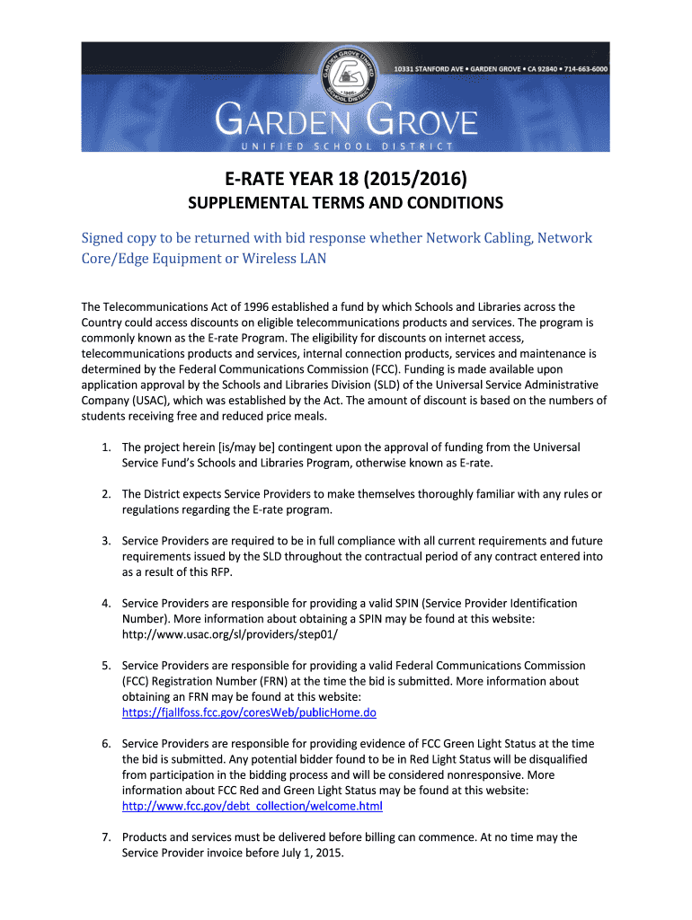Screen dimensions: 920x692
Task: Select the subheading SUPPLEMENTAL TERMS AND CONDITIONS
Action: (x=346, y=203)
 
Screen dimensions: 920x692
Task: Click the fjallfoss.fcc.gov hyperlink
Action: (x=249, y=712)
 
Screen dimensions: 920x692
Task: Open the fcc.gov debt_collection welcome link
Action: (x=253, y=806)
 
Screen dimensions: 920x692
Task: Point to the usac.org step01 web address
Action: (x=230, y=634)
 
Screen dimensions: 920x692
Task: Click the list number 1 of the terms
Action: (x=105, y=447)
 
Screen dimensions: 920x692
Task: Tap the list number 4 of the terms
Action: (x=105, y=604)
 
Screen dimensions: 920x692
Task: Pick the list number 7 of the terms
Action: (x=105, y=837)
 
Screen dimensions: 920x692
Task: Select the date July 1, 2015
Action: (x=318, y=853)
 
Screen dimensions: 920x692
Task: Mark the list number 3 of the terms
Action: (x=105, y=541)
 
